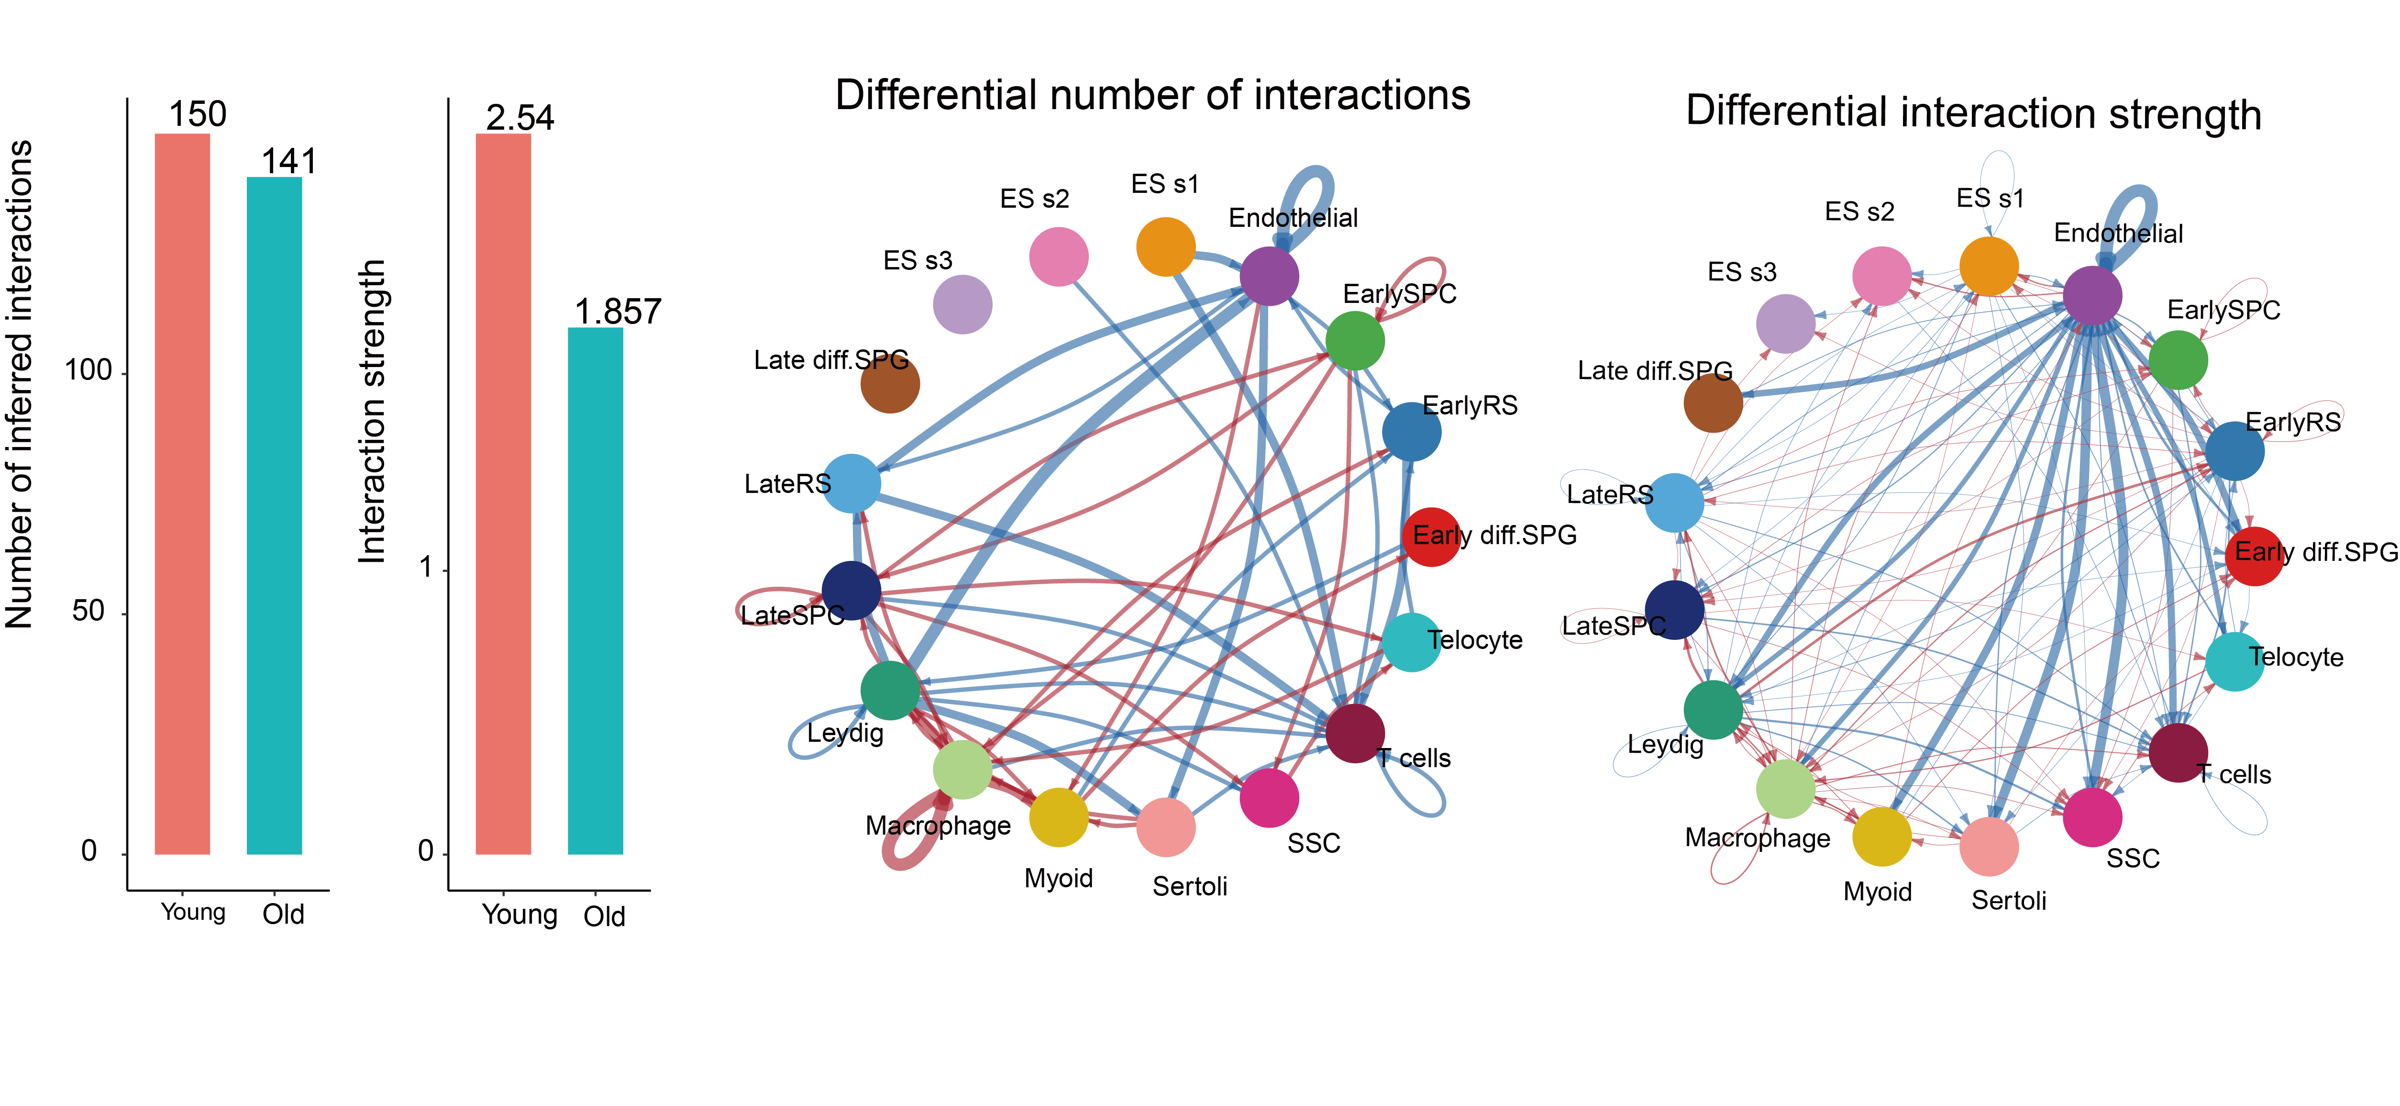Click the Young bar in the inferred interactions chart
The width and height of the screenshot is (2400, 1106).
(183, 494)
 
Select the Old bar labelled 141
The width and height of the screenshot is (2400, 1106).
(274, 515)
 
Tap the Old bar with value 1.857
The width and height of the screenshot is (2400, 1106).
(596, 591)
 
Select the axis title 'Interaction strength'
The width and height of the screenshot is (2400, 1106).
(372, 411)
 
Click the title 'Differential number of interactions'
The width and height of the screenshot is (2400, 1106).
(1152, 95)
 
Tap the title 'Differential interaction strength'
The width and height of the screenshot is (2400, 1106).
(1973, 113)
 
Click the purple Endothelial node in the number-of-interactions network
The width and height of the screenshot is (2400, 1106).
(1269, 276)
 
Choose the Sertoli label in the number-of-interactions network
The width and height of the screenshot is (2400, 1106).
(1190, 886)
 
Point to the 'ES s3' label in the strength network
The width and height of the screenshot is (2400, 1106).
(1742, 272)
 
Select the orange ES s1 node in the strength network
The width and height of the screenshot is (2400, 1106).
(1989, 267)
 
